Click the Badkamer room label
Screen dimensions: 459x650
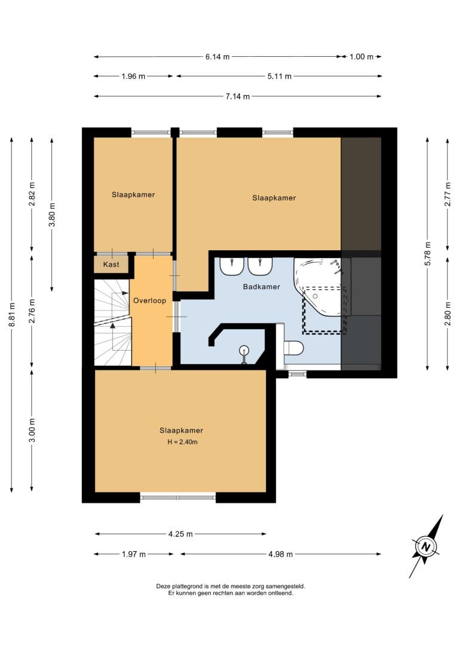(261, 287)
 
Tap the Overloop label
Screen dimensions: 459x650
(149, 300)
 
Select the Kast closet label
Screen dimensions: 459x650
(111, 264)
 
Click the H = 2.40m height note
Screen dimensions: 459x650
(182, 442)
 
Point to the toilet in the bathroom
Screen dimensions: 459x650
(293, 347)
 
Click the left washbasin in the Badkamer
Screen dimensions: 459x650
(231, 266)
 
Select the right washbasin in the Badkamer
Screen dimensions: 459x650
(260, 266)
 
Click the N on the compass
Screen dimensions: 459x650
(426, 546)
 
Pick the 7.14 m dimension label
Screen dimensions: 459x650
(238, 96)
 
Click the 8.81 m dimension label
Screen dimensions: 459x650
(12, 315)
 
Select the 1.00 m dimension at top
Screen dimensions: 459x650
(362, 57)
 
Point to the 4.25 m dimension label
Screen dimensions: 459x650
(180, 534)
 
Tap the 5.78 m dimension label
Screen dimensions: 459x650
(428, 254)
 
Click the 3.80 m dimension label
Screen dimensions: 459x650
(52, 215)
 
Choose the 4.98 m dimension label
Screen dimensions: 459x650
(281, 554)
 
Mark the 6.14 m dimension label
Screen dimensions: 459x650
(218, 57)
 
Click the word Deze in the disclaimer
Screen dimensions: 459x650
(163, 586)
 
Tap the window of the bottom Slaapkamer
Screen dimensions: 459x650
(178, 497)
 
